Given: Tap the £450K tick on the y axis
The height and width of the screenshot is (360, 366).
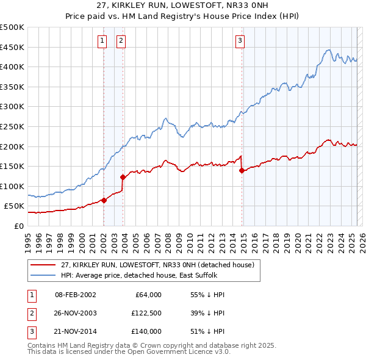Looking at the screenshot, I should coord(13,47).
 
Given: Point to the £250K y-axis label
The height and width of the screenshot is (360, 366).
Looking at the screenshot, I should coord(13,126).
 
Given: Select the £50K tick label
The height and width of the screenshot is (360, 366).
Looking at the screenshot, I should coord(15,206).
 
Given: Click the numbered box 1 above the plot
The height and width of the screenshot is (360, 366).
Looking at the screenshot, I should coord(101,41).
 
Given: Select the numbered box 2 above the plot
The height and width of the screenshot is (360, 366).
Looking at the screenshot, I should coord(121,41).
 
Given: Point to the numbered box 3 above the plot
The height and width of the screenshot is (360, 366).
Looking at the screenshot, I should coord(240,41).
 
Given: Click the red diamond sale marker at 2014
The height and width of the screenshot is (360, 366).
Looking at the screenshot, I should coord(242,170).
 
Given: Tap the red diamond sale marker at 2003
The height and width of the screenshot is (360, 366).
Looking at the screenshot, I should coord(123,177).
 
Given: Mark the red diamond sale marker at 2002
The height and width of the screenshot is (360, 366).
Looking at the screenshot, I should coord(104,200).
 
